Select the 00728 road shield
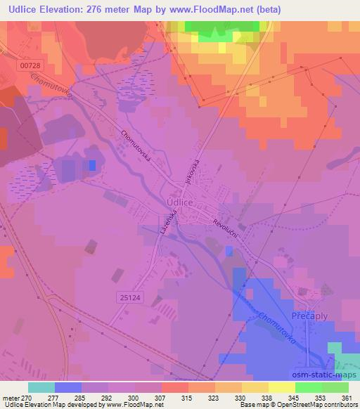pyautogui.click(x=30, y=65)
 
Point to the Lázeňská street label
pyautogui.click(x=169, y=224)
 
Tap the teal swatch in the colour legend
pyautogui.click(x=41, y=387)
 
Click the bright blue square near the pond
pyautogui.click(x=92, y=165)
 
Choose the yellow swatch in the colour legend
pyautogui.click(x=282, y=387)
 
